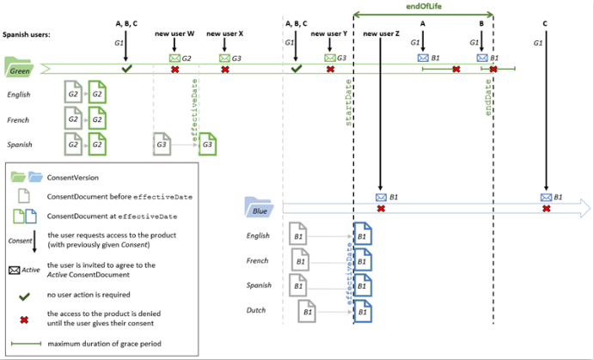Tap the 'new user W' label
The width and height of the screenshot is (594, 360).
tap(175, 34)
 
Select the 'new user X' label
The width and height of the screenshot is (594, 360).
tap(225, 34)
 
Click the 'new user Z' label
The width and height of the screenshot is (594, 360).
tap(381, 34)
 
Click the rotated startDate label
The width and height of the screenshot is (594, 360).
tap(349, 110)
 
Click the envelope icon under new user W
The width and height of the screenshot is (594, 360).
tap(175, 57)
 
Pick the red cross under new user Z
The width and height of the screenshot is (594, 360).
tap(381, 209)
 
